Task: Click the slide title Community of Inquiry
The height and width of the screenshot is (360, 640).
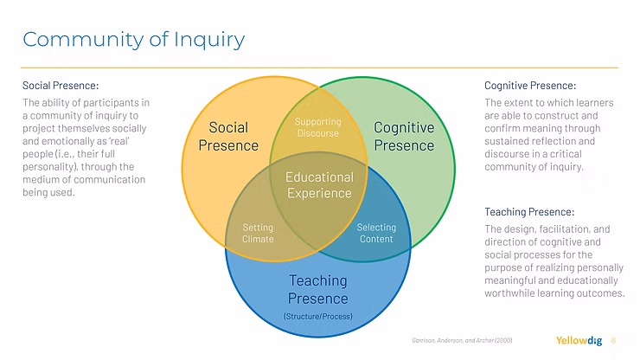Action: coord(133,39)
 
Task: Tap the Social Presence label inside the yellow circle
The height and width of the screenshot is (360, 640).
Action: coord(228,136)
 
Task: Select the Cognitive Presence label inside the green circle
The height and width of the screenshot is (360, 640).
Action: coord(404,136)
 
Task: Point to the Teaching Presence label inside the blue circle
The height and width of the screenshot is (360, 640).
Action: coord(317,290)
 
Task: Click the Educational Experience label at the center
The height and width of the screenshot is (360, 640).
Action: coord(319,185)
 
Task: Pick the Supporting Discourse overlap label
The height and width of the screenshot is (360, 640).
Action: coord(317,128)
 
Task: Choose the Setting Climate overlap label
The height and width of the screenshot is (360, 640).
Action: coord(258,234)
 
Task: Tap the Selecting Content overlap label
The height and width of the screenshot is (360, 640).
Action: coord(376,234)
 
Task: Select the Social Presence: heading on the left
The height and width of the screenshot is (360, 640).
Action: coord(61,86)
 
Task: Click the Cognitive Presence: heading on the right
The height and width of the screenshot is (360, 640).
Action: coord(529,86)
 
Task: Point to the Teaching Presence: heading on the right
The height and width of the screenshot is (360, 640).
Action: coord(529,212)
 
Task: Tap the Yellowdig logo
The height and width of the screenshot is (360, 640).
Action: coord(580,340)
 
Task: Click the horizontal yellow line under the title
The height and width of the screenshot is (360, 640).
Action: coord(320,67)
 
